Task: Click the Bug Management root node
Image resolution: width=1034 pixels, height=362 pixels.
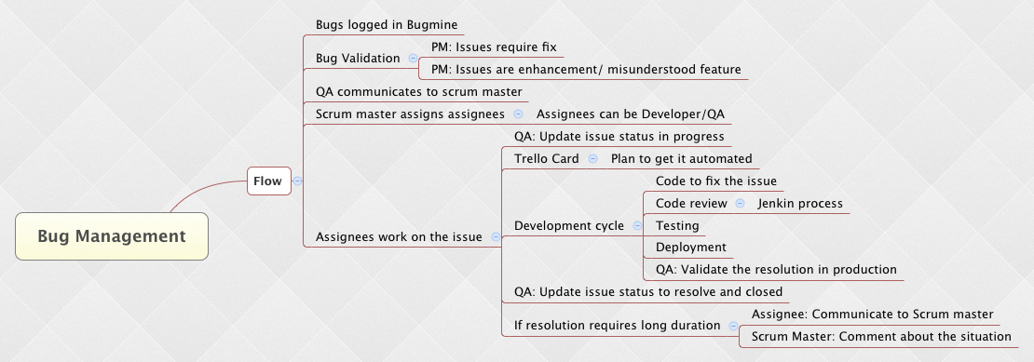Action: tap(112, 236)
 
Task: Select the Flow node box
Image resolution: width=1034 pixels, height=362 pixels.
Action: tap(269, 181)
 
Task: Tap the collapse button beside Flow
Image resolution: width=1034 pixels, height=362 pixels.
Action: tap(297, 181)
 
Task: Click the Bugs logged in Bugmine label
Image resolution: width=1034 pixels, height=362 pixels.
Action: tap(387, 26)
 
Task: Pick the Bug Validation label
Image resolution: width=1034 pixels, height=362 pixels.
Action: tap(358, 58)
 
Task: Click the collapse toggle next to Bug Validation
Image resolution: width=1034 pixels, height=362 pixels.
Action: tap(413, 58)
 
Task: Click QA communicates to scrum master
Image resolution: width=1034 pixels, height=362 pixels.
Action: tap(419, 91)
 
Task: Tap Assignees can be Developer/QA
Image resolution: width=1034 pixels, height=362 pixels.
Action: tap(631, 114)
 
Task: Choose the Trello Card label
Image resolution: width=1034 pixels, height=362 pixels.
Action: tap(547, 158)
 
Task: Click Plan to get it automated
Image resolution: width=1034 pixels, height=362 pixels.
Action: tap(681, 158)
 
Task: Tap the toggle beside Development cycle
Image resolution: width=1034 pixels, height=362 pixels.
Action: tap(637, 226)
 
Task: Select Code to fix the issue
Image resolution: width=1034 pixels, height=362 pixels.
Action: tap(716, 181)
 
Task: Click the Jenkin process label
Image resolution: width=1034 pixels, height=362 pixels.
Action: tap(800, 204)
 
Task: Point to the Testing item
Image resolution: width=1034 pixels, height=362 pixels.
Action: tap(677, 226)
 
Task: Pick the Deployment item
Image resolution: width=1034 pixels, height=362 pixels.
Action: tap(691, 248)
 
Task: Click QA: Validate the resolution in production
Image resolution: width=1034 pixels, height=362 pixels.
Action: tap(776, 269)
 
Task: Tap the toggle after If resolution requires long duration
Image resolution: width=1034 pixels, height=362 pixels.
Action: tap(733, 325)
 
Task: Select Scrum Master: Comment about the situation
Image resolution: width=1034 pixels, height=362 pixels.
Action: tap(881, 336)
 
